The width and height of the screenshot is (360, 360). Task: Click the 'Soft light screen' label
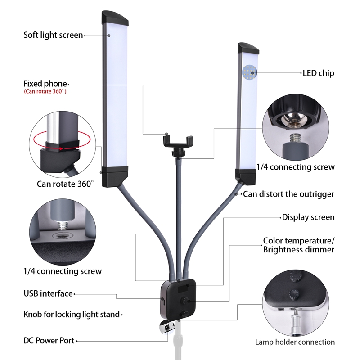click(x=53, y=35)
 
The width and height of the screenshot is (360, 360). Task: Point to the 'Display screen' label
click(x=308, y=217)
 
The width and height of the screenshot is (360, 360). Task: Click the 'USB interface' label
click(x=48, y=293)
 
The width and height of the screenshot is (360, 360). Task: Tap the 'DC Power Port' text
click(x=49, y=341)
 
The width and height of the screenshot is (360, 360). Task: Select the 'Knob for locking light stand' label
click(x=72, y=314)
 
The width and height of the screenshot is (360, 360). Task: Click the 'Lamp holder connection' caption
click(x=295, y=342)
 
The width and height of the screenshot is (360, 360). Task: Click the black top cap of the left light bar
click(x=114, y=18)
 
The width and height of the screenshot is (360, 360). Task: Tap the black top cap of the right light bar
click(x=248, y=48)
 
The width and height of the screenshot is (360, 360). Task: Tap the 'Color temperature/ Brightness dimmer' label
click(x=299, y=245)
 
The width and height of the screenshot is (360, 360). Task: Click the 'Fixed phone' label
click(x=45, y=84)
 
